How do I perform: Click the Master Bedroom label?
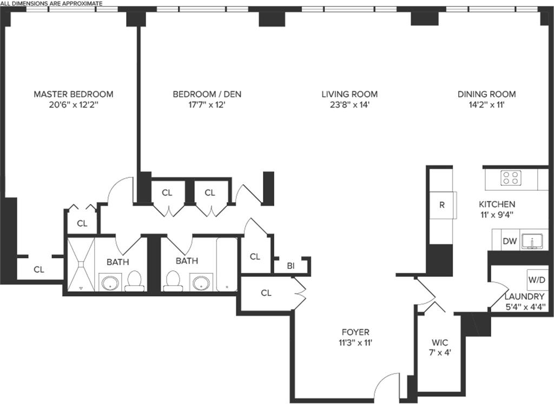(74, 94)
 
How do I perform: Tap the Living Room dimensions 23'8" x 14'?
(349, 105)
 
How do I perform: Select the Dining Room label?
(486, 94)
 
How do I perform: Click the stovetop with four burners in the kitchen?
(511, 178)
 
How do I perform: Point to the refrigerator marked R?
(442, 205)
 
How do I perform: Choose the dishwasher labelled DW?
(510, 241)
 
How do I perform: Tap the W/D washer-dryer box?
(537, 280)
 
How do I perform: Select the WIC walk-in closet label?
(440, 342)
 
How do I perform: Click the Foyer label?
(355, 332)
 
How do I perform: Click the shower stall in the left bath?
(81, 264)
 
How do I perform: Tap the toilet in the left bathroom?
(134, 281)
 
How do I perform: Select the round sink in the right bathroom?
(202, 282)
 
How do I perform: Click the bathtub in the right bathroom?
(227, 264)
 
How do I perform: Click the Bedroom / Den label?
(207, 94)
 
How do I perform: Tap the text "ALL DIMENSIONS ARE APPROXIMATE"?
(51, 4)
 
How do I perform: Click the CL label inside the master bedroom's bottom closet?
(39, 270)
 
